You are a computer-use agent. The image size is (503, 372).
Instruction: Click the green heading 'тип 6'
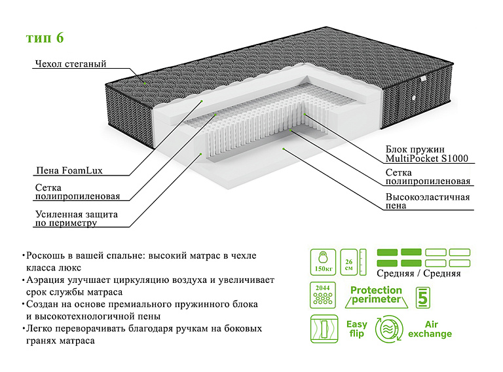[45, 38]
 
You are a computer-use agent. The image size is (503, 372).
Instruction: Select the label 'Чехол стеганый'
[70, 64]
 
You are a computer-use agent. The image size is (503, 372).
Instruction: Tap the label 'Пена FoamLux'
[69, 172]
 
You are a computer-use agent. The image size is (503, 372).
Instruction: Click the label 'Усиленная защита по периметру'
[76, 219]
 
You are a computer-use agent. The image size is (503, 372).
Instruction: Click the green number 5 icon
[422, 296]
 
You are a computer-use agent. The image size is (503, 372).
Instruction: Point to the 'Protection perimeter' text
[376, 295]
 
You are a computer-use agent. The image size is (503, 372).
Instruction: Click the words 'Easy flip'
[356, 329]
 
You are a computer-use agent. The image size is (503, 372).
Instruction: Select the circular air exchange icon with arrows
[390, 329]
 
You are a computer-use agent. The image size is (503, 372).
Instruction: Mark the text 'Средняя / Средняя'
[419, 274]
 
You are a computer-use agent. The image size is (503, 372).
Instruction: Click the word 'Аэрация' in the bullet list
[48, 280]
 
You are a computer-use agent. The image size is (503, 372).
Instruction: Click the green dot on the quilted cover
[145, 84]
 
